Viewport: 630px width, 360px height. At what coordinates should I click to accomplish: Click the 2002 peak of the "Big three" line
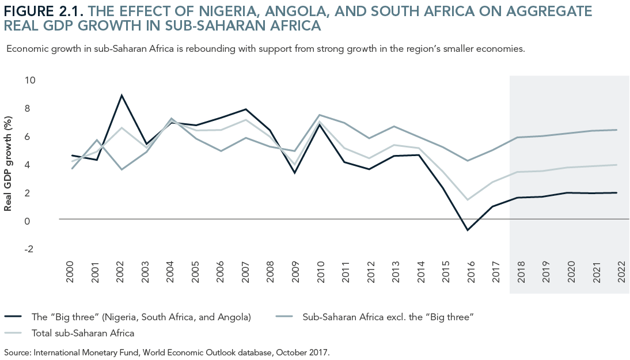click(x=121, y=95)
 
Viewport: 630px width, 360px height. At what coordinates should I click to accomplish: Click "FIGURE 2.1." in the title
click(x=44, y=10)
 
